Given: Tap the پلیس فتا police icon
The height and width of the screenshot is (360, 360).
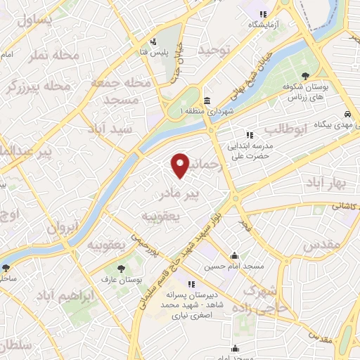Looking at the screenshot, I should (x=154, y=41).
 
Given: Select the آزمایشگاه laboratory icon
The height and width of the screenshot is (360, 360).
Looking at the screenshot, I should (x=263, y=13).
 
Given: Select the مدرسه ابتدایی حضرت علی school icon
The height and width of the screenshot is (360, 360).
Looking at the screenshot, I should (x=248, y=134).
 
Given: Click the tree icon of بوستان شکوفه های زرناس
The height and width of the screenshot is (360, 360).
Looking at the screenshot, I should (x=304, y=76).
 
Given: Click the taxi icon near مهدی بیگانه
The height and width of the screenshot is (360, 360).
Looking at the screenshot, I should (x=348, y=113).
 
